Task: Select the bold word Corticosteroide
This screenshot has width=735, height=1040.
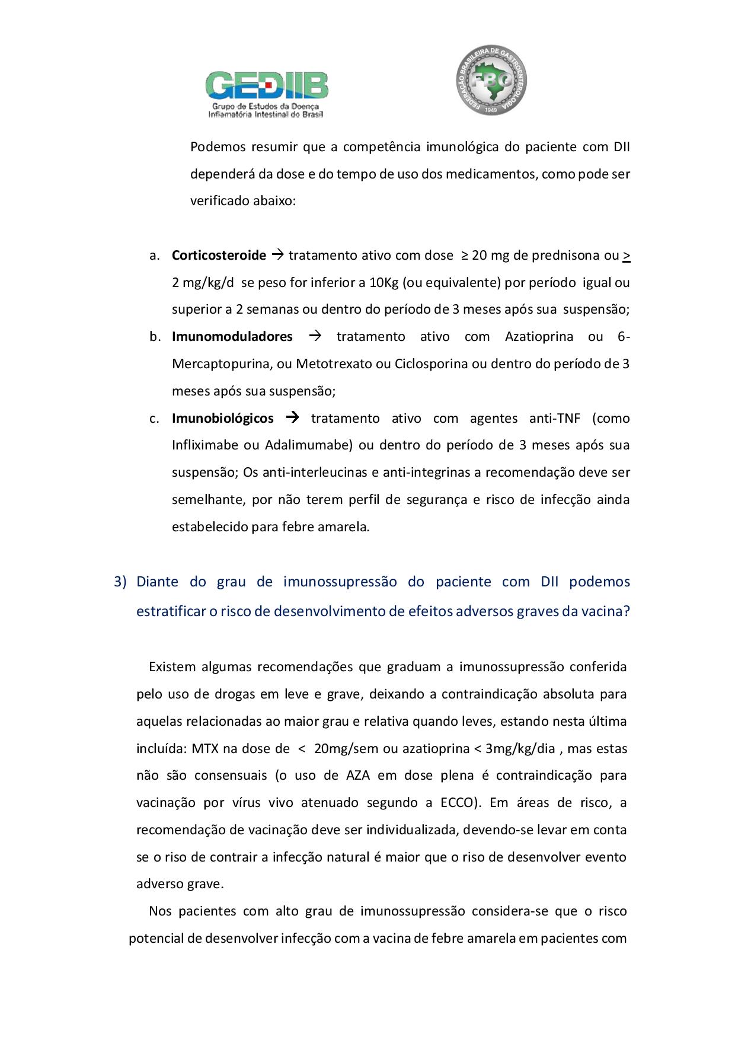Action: [x=219, y=256]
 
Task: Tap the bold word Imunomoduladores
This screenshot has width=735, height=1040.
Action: [x=232, y=337]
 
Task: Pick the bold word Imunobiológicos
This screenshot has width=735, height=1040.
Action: [x=222, y=419]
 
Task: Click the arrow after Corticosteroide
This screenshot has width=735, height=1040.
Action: [x=277, y=255]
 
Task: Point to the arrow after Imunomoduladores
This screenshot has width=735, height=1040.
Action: [x=315, y=336]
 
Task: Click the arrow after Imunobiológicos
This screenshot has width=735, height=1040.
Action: [x=292, y=417]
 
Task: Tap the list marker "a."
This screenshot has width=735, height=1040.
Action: [x=155, y=256]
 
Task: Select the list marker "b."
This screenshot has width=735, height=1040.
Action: [x=155, y=337]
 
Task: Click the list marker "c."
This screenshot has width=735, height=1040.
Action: [x=155, y=419]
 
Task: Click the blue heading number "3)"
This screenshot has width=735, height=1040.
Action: [x=120, y=582]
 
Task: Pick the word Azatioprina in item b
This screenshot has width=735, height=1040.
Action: [x=539, y=337]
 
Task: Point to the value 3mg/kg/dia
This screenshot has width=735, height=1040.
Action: [x=520, y=749]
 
